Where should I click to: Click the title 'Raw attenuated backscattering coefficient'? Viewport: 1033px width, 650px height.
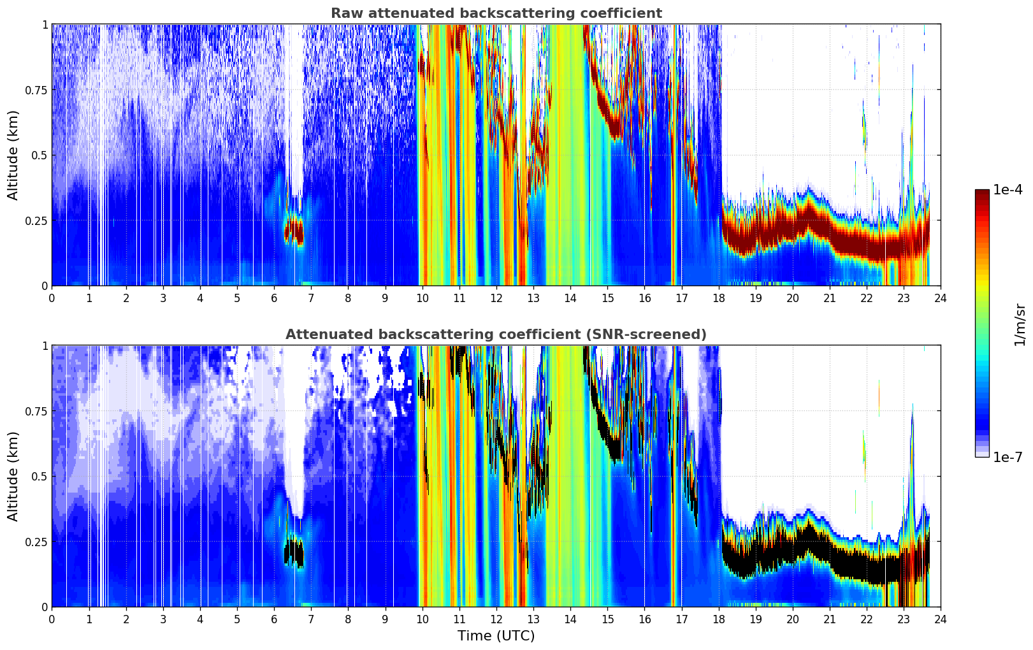(x=496, y=13)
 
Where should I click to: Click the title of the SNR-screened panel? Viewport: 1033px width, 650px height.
(x=496, y=334)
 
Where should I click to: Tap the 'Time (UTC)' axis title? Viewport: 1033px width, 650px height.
(x=496, y=636)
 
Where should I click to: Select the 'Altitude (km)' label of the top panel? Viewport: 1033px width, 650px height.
(x=13, y=155)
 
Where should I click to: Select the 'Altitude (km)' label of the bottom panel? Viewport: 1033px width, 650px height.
(x=13, y=476)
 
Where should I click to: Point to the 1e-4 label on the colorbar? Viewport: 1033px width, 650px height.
(x=1008, y=189)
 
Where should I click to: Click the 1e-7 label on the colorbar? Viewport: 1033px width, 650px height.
(x=1008, y=458)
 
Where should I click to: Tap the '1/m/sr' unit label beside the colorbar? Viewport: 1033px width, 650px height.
(x=1020, y=324)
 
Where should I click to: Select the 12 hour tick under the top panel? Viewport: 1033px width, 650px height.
(x=496, y=298)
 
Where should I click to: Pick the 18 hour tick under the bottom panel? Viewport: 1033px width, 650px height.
(x=718, y=619)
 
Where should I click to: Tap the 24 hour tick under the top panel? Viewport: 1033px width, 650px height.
(x=941, y=298)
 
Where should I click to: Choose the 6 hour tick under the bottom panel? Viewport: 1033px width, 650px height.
(x=274, y=619)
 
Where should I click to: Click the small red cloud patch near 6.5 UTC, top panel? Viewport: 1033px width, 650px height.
(x=294, y=231)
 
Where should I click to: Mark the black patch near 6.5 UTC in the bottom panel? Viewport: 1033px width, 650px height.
(x=294, y=552)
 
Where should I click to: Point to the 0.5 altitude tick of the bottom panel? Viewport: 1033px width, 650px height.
(x=40, y=476)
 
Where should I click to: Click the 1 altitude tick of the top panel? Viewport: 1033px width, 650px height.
(x=45, y=24)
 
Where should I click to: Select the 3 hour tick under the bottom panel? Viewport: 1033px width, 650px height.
(x=163, y=619)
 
